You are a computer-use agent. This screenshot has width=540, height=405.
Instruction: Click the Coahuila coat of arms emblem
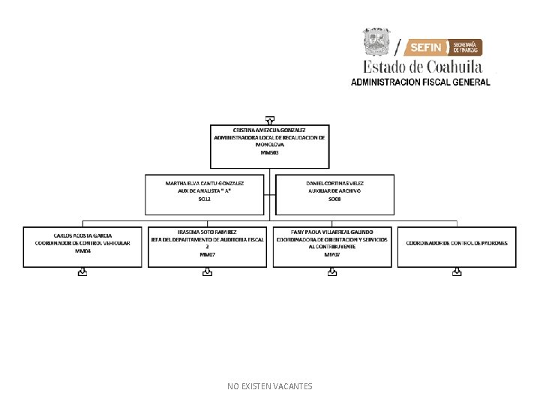[x=376, y=42]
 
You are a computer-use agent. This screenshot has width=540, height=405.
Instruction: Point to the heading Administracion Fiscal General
[x=420, y=82]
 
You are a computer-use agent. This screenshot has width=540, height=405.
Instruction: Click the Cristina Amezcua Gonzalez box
[x=269, y=146]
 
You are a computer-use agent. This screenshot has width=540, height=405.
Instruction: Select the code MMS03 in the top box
[x=269, y=153]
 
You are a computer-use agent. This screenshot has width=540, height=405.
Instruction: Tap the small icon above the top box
[x=269, y=119]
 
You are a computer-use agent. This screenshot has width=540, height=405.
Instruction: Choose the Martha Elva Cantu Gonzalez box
[x=205, y=196]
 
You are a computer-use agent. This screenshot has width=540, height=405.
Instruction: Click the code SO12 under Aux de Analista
[x=205, y=199]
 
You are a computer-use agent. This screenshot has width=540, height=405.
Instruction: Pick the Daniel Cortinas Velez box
[x=334, y=196]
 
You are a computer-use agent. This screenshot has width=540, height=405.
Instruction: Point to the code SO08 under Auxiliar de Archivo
[x=334, y=199]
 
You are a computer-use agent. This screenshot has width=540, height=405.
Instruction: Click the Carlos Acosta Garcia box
[x=82, y=246]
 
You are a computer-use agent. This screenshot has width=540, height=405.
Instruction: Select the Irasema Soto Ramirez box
[x=207, y=246]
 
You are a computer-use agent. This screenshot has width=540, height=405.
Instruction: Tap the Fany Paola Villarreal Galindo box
[x=332, y=246]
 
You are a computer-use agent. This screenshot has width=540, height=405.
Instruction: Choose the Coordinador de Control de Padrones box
[x=457, y=246]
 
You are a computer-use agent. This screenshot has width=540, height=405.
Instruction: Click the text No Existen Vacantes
[x=269, y=386]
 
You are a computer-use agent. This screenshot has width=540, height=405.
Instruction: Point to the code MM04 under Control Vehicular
[x=82, y=251]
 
